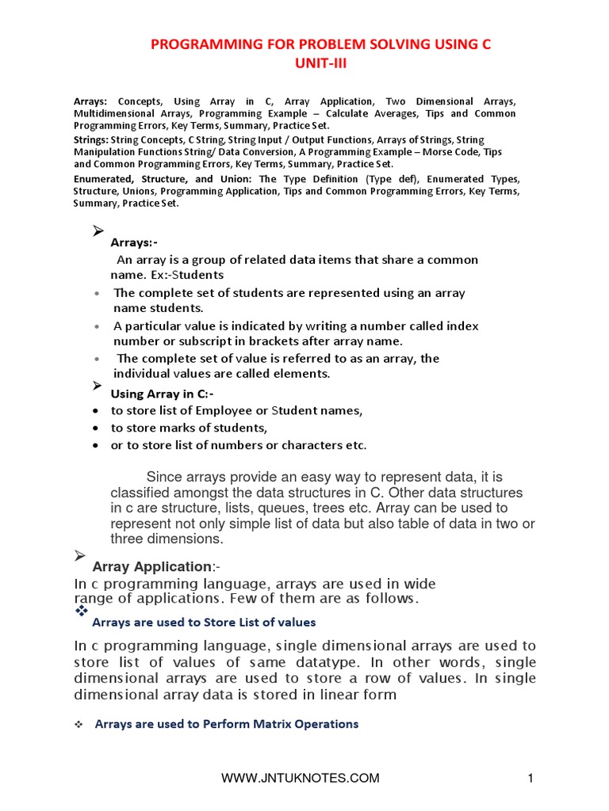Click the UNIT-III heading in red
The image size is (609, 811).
click(304, 64)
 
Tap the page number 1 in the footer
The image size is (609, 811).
click(530, 779)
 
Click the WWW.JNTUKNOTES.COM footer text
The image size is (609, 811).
click(301, 779)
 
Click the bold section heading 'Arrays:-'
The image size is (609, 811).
click(134, 242)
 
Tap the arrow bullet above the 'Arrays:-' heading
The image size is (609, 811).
click(98, 230)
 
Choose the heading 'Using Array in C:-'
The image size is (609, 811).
click(162, 394)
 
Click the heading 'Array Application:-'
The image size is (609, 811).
click(155, 566)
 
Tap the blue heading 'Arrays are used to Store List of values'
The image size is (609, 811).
click(204, 622)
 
